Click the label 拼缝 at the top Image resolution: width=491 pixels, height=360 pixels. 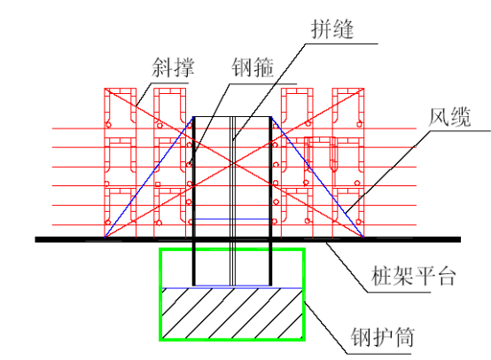click(332, 29)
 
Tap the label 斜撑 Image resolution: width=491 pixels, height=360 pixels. click(173, 67)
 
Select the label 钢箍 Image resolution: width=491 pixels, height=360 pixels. click(253, 67)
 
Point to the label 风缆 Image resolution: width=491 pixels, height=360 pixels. click(449, 117)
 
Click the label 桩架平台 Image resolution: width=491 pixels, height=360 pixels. click(413, 276)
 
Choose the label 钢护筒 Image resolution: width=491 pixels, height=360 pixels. click(383, 337)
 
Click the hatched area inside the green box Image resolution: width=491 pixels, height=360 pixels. click(232, 313)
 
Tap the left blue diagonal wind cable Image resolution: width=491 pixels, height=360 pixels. click(149, 177)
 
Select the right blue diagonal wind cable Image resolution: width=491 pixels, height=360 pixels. click(317, 177)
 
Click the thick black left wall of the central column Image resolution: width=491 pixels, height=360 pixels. click(194, 201)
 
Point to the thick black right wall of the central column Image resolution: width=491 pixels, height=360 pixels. click(270, 201)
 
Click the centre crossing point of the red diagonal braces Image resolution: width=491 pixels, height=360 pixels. click(233, 163)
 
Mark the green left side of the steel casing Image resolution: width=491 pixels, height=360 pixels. click(160, 294)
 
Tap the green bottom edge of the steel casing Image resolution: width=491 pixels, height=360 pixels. click(232, 340)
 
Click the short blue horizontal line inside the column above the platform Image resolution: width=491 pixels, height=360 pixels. click(232, 219)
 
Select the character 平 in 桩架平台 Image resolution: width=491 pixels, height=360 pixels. click(424, 276)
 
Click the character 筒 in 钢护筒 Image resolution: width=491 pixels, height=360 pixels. click(404, 337)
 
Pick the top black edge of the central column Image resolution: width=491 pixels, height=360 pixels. click(232, 117)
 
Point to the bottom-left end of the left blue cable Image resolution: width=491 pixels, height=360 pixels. click(105, 237)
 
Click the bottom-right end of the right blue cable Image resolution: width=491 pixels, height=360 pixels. click(363, 237)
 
